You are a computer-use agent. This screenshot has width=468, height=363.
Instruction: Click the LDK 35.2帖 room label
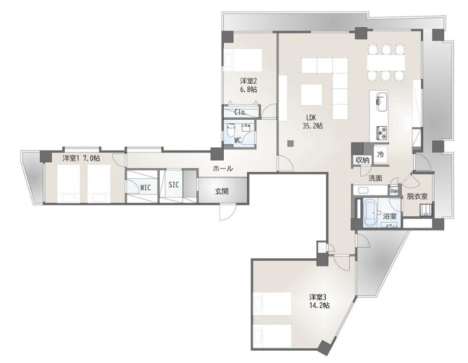click(x=312, y=122)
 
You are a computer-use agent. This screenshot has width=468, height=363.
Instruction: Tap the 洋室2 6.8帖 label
click(x=249, y=85)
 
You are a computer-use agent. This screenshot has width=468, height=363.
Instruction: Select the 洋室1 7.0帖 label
click(x=81, y=158)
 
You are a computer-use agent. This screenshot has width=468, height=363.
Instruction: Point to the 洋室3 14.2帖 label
click(x=319, y=301)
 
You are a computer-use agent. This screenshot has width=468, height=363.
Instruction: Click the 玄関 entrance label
click(x=222, y=191)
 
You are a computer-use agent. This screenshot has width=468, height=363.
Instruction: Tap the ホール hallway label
click(x=223, y=168)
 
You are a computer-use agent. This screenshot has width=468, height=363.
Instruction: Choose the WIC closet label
click(x=145, y=188)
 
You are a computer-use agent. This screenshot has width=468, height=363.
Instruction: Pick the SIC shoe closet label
click(x=174, y=185)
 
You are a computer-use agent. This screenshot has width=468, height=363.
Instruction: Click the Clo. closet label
click(x=240, y=112)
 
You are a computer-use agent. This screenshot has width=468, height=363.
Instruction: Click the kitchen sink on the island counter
click(x=382, y=101)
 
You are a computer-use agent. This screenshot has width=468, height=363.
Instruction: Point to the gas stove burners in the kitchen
click(x=382, y=133)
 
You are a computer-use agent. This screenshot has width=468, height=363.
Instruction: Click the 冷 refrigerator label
click(x=380, y=155)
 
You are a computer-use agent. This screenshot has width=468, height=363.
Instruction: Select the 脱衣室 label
click(x=417, y=197)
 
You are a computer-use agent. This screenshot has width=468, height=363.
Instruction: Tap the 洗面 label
click(x=375, y=178)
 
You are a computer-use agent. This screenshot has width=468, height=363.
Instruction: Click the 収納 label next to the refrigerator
click(x=363, y=160)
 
